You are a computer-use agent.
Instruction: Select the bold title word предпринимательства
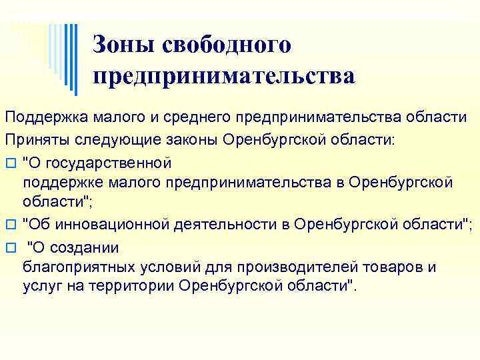point(224,75)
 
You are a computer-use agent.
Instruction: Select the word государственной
point(108,162)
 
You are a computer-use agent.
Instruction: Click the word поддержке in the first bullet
point(56,182)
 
